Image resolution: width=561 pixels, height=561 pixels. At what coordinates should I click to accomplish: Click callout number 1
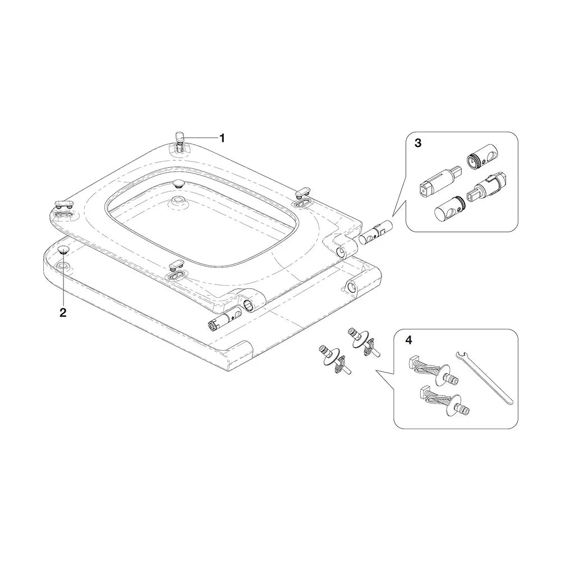click(222, 138)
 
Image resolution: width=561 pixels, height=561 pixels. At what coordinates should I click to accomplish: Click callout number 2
click(63, 312)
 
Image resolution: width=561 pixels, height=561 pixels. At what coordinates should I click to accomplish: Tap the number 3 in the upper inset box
click(418, 143)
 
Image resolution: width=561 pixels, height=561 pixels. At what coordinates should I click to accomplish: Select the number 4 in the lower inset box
click(408, 341)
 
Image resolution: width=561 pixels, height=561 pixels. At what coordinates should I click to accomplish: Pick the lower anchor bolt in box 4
click(444, 402)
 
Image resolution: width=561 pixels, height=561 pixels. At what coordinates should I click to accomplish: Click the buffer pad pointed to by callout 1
click(180, 137)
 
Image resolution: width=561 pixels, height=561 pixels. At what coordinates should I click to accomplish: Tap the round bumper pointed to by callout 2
click(63, 250)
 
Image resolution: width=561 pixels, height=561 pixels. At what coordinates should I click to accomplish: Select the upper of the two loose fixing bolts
click(363, 343)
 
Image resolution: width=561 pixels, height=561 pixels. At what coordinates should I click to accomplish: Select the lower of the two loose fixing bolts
click(334, 360)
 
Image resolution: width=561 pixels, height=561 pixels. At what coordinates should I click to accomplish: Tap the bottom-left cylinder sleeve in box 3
click(449, 209)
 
